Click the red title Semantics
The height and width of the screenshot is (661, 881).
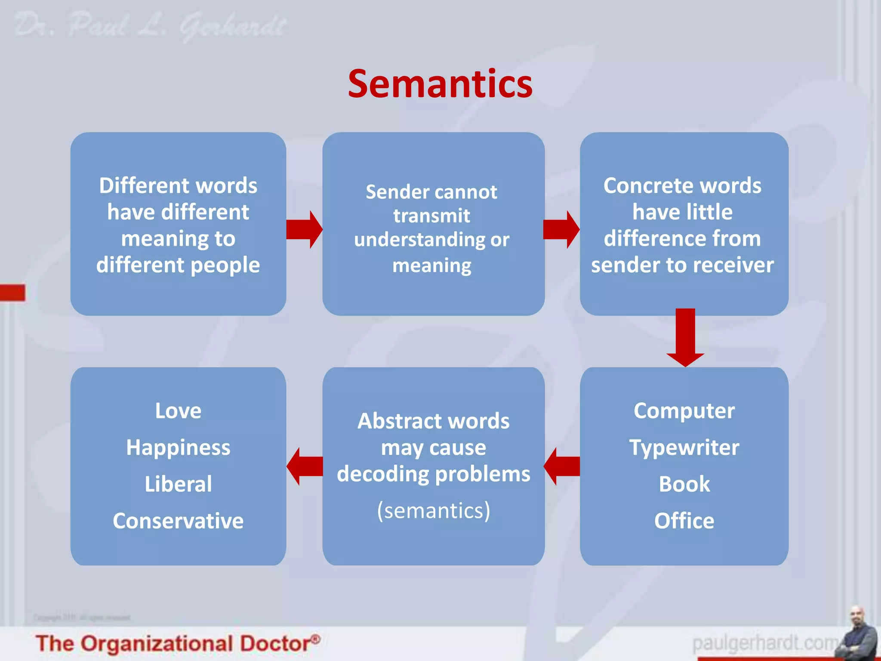click(440, 84)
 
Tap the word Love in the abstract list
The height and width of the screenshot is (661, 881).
click(178, 411)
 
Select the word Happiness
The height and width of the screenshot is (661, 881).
click(178, 448)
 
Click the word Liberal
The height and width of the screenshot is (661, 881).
click(178, 484)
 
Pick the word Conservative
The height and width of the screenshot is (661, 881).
click(178, 521)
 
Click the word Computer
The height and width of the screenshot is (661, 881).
click(684, 411)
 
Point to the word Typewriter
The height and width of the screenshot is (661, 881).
click(684, 448)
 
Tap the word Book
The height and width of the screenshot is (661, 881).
click(684, 484)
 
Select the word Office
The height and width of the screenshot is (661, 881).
click(684, 521)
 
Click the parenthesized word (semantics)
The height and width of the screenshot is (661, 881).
click(434, 511)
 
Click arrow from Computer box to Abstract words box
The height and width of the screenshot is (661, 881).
click(561, 466)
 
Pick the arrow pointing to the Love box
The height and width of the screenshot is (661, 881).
click(304, 466)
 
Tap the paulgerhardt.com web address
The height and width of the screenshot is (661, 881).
click(764, 643)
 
